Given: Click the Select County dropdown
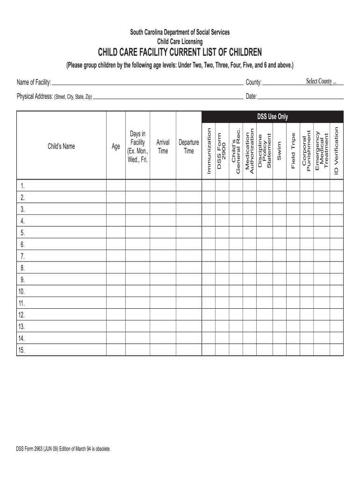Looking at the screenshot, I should (321, 81).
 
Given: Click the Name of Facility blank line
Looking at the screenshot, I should (147, 84).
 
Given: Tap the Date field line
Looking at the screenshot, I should (301, 98).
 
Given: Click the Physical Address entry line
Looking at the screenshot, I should (168, 99).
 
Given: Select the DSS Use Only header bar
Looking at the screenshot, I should (273, 116).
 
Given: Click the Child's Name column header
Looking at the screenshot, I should (61, 146).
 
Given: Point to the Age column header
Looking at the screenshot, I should (115, 146).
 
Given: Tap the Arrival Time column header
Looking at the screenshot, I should (163, 146).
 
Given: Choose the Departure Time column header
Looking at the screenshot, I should (188, 146).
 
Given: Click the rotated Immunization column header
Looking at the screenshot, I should (209, 152).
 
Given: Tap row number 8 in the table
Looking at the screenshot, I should (22, 268).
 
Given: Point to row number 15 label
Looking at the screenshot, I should (22, 350).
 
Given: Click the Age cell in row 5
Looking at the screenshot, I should (115, 233).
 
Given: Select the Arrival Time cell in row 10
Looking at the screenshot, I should (163, 291).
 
